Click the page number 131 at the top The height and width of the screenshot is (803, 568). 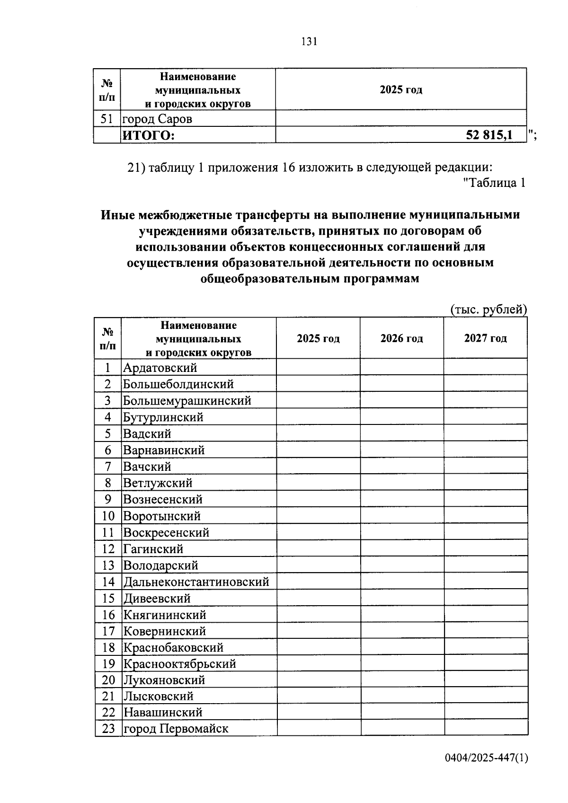[309, 42]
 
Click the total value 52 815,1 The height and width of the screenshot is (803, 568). [489, 135]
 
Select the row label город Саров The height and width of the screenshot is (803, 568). [158, 119]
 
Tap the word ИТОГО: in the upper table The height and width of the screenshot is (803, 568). [149, 136]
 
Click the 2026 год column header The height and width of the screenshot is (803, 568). [401, 338]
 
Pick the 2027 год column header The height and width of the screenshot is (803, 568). [485, 338]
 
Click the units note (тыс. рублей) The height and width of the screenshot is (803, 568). [488, 309]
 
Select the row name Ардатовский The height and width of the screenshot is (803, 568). [160, 368]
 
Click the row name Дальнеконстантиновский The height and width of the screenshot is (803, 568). [196, 582]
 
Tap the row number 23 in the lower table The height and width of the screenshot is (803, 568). [108, 728]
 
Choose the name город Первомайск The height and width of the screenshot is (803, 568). [176, 728]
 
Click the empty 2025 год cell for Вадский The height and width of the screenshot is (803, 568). [318, 433]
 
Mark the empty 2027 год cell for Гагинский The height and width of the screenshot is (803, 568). [485, 549]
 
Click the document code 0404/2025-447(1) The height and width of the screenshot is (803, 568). [486, 758]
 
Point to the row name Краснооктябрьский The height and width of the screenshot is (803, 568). [179, 664]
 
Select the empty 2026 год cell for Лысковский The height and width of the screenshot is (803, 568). [401, 696]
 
